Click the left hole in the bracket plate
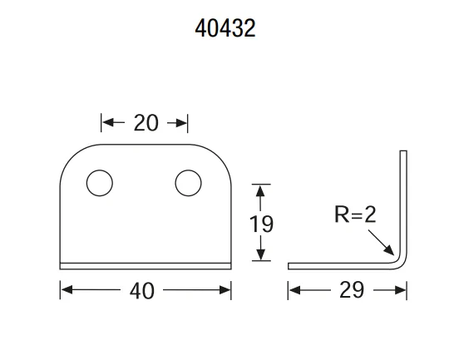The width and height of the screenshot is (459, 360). point(100,182)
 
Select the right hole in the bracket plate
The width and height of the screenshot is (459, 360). point(187,182)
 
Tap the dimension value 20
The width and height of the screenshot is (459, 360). point(146,123)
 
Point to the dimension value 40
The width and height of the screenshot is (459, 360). point(144,290)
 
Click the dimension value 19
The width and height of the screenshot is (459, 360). point(261,224)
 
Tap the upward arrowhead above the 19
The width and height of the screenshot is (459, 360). point(261,191)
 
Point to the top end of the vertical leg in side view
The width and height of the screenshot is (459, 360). point(404,153)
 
